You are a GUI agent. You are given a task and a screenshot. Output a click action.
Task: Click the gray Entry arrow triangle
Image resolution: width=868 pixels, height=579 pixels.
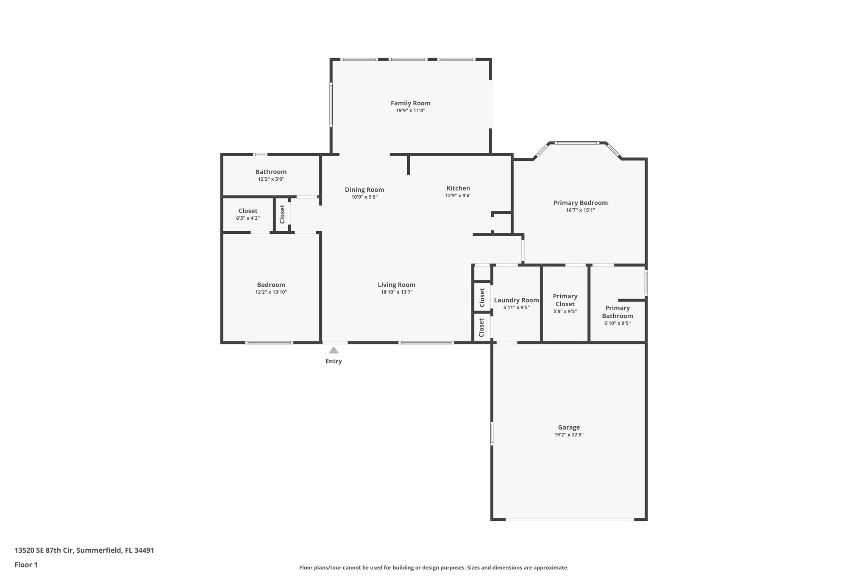[334, 350]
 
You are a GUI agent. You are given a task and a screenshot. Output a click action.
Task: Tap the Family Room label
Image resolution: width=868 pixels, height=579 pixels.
[410, 103]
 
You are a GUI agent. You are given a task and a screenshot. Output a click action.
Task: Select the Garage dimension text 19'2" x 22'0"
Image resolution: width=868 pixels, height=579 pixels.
[569, 435]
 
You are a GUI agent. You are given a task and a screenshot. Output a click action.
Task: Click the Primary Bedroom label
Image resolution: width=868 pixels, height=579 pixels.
[580, 203]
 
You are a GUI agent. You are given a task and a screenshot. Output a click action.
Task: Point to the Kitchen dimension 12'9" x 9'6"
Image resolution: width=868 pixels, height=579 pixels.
[458, 196]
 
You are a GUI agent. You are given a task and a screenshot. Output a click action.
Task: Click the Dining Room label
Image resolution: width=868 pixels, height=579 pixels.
[364, 190]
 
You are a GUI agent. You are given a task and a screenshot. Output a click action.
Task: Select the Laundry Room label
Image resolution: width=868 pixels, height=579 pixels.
[516, 300]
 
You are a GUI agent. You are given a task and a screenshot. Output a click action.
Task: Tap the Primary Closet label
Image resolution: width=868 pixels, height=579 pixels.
[565, 300]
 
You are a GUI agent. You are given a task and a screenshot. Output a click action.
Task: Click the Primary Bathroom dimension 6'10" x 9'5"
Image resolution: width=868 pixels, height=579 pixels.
[617, 323]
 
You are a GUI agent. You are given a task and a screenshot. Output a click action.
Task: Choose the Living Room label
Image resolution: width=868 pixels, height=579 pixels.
[396, 285]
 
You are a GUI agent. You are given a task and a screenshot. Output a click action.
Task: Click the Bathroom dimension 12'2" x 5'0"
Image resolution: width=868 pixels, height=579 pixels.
[271, 179]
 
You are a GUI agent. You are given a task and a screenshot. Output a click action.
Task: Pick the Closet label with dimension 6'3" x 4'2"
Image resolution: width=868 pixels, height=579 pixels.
[248, 211]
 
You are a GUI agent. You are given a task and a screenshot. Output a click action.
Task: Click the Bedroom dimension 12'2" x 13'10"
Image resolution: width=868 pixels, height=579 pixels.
[271, 292]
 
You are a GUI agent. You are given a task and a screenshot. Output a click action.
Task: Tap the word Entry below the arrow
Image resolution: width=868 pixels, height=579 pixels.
[334, 361]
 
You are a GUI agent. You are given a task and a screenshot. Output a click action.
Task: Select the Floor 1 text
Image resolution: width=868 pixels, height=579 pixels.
[26, 565]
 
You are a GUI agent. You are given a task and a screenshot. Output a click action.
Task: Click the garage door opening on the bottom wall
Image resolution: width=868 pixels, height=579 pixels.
[570, 519]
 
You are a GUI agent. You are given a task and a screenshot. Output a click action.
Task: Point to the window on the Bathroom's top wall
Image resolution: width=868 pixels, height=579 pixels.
[260, 154]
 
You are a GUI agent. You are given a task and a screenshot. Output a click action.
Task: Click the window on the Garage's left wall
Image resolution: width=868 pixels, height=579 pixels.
[492, 433]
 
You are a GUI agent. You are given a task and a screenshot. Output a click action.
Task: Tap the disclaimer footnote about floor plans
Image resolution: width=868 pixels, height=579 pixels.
[434, 568]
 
